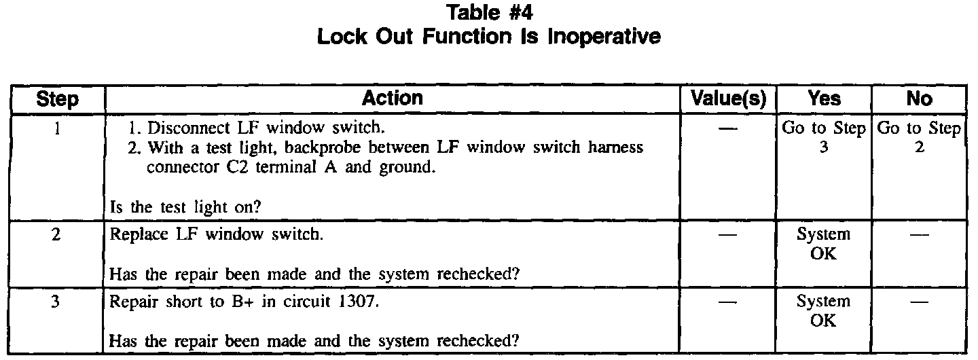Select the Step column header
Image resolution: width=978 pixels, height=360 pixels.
click(57, 100)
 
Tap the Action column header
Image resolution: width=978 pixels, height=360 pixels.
click(392, 98)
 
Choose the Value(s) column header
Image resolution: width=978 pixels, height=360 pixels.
click(727, 99)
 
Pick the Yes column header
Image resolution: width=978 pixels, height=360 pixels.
click(824, 99)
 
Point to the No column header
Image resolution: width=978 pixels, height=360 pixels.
click(919, 99)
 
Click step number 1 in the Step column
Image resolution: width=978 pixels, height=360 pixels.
click(57, 127)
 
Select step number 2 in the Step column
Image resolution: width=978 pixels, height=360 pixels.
click(57, 234)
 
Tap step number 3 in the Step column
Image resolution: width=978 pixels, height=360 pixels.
click(57, 301)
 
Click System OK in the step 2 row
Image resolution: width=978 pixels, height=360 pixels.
click(823, 243)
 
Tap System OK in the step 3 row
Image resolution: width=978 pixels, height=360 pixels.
click(823, 310)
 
